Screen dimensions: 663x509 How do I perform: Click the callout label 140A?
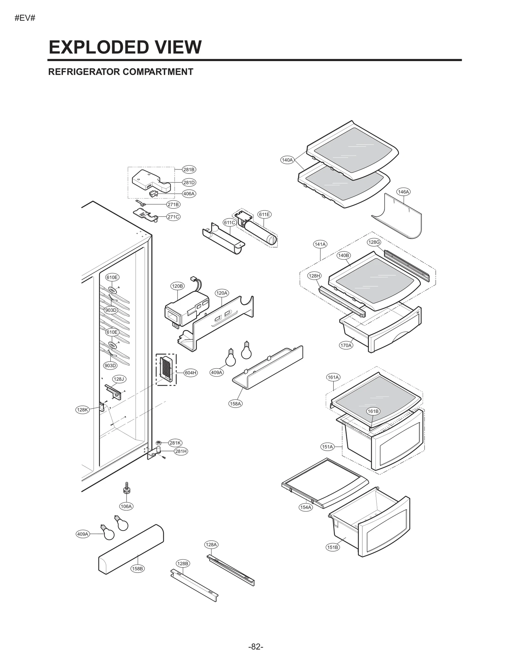[287, 160]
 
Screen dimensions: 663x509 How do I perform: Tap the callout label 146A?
[403, 192]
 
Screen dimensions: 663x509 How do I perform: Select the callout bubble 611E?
[264, 215]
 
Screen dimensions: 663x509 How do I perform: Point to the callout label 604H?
[191, 373]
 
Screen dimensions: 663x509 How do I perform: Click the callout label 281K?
[175, 443]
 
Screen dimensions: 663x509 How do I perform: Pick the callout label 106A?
[126, 506]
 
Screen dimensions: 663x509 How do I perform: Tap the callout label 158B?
[137, 568]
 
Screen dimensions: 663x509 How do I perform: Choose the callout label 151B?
[332, 547]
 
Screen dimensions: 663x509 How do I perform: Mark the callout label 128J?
[119, 379]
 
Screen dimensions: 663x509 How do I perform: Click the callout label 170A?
[346, 345]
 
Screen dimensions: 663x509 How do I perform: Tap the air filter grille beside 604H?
[166, 369]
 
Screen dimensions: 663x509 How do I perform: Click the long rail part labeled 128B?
[194, 586]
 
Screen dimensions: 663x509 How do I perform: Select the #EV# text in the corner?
[25, 18]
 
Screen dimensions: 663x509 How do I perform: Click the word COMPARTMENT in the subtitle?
[158, 72]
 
